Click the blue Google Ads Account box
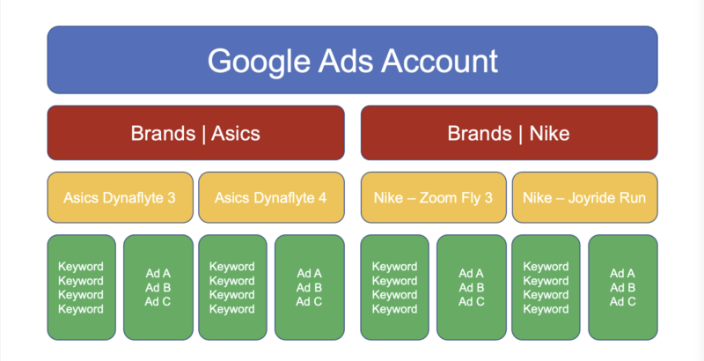point(353,60)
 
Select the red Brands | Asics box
point(195,133)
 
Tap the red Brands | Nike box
point(510,133)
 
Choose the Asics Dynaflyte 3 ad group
point(120,197)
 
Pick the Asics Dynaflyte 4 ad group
point(271,197)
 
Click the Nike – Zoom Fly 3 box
point(434,197)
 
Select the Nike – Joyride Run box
point(584,197)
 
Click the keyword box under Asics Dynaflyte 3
point(81,287)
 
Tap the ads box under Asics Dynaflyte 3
point(158,287)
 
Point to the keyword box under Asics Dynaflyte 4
point(232,287)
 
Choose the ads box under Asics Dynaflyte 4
point(310,287)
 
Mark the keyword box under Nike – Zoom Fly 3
point(394,287)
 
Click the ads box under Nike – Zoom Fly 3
point(472,287)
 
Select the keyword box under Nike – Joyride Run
point(546,287)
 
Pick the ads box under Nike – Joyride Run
point(623,287)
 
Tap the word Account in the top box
point(439,60)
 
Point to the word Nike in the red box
point(549,133)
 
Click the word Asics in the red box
point(236,133)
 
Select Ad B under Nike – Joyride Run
point(623,288)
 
